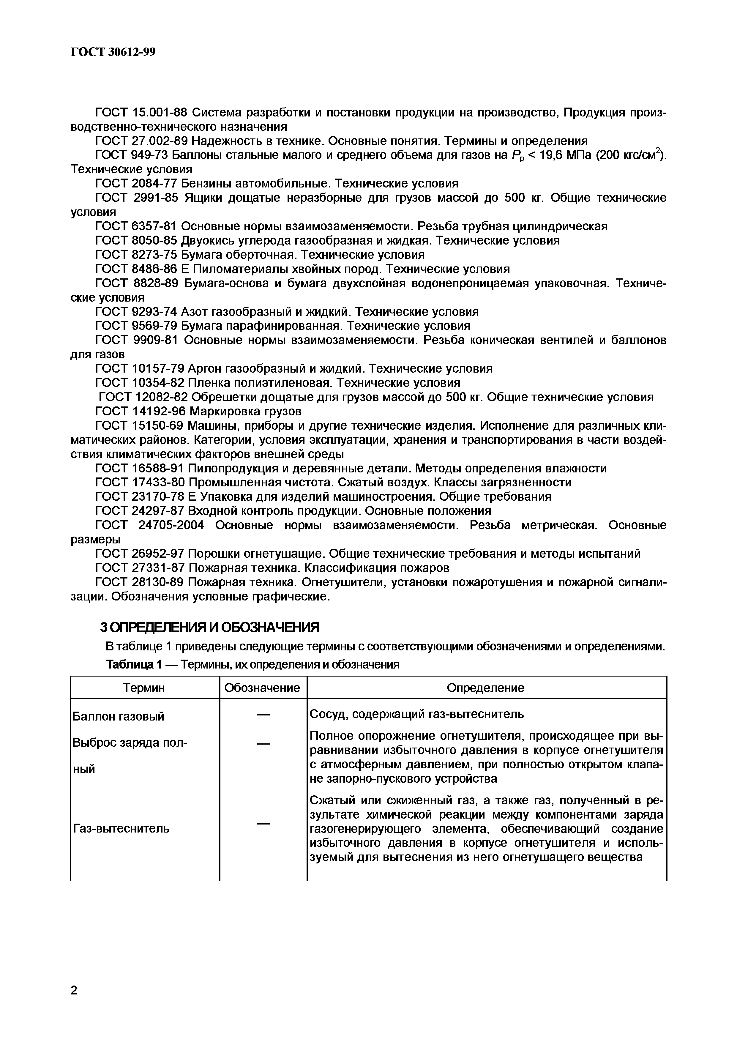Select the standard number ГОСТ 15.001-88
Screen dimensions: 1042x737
click(x=141, y=112)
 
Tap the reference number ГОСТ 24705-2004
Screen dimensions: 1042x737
click(x=150, y=525)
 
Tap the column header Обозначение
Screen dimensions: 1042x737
click(x=262, y=688)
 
